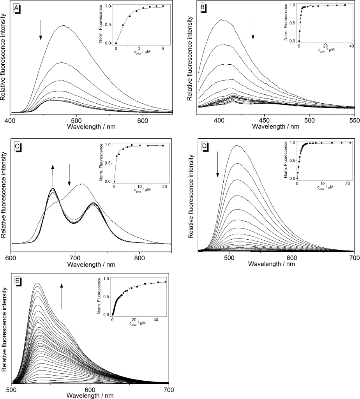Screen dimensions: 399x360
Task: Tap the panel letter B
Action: pyautogui.click(x=203, y=8)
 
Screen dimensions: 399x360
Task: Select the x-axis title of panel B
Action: pyautogui.click(x=275, y=126)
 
